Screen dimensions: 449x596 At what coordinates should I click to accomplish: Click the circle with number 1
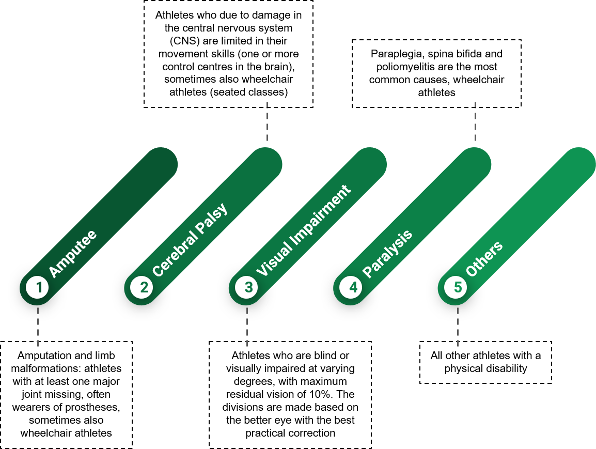38,287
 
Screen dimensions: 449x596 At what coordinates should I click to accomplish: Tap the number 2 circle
142,287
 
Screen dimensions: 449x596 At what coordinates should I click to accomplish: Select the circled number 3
247,287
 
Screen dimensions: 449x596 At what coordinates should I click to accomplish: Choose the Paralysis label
387,254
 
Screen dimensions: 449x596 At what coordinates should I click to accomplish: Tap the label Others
484,258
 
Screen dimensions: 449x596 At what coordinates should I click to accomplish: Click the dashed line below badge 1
38,327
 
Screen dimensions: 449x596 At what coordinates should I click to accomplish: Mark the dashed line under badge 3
247,327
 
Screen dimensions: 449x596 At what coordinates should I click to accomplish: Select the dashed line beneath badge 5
458,327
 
